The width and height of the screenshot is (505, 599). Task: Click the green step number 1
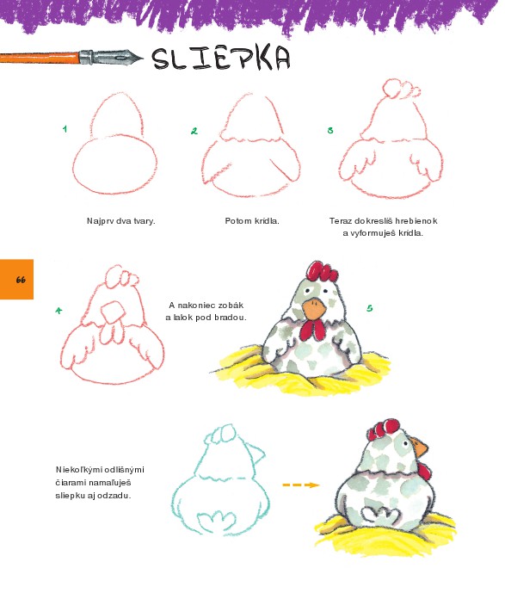coord(65,129)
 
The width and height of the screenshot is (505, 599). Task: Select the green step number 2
coord(194,131)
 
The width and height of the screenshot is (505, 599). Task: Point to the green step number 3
coord(330,130)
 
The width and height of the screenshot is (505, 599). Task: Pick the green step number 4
coord(59,311)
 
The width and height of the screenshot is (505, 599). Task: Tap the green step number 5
coord(369,308)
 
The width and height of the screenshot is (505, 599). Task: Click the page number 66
coord(21,280)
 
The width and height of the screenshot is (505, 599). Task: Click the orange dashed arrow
coord(301,485)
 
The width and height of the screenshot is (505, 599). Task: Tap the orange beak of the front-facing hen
coord(314,309)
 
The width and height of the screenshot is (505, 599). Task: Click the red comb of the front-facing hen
coord(322,272)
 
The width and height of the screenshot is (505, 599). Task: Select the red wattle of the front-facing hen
coord(312,330)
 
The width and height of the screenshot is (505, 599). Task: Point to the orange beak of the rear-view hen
coord(421,446)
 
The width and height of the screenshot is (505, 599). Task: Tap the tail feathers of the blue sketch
coord(217,521)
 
